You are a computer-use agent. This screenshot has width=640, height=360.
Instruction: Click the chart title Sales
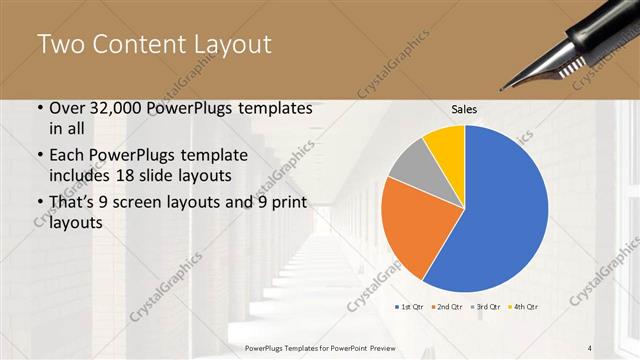point(463,108)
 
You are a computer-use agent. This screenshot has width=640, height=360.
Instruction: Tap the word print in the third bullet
point(288,204)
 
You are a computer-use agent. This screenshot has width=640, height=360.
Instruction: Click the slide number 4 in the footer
point(590,347)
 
